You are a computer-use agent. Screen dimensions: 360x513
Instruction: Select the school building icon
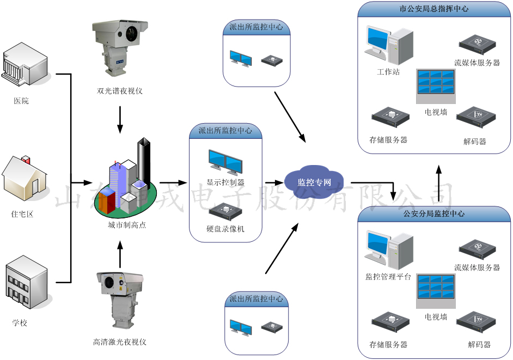[x=25, y=284]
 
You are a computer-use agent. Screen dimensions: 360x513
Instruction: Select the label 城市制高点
[x=127, y=225]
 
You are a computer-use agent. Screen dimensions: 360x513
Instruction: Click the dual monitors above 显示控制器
[x=225, y=162]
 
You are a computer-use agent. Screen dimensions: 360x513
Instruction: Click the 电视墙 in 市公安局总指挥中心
[x=436, y=86]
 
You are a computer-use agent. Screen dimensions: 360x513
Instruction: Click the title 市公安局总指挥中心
[x=433, y=9]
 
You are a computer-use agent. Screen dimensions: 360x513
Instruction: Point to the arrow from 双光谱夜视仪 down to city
[x=120, y=119]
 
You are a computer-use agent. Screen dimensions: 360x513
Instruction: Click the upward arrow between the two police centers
[x=439, y=182]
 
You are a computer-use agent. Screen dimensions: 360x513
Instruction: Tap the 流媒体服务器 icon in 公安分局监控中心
[x=477, y=247]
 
